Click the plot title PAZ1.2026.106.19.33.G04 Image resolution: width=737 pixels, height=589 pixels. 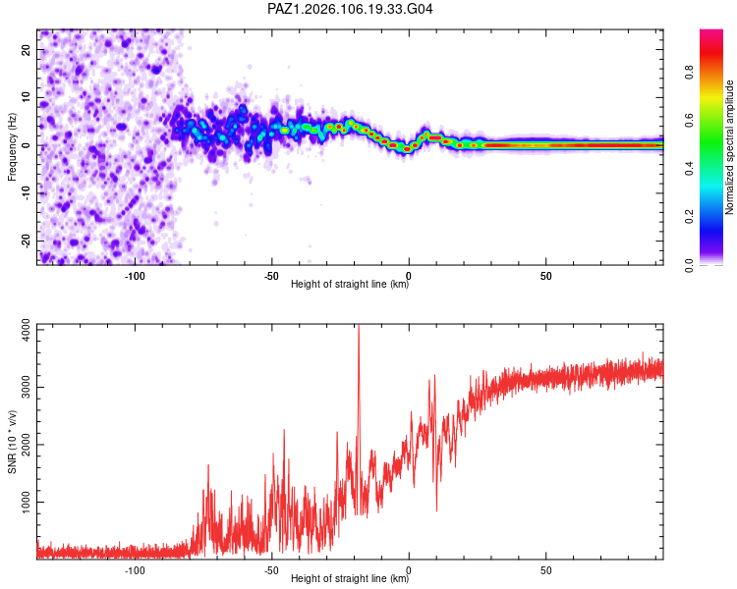350,9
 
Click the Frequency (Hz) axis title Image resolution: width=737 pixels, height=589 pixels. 12,147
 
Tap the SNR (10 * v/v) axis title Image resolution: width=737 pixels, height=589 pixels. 12,442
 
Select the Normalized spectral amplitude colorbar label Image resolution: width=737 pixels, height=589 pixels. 729,147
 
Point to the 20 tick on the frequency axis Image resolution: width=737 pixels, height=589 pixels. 26,49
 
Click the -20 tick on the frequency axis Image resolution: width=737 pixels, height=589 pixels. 26,241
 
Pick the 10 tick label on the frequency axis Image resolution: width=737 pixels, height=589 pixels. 26,97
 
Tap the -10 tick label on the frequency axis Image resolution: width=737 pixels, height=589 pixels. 26,193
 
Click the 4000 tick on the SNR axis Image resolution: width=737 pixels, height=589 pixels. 26,330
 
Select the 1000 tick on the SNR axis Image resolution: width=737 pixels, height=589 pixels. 26,502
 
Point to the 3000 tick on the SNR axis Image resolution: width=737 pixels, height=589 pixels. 26,387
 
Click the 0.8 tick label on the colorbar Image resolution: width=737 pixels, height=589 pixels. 689,73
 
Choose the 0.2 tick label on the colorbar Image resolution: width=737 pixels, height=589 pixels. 689,217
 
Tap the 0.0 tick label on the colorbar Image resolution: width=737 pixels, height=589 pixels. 689,265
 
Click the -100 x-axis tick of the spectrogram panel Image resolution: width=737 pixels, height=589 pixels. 135,276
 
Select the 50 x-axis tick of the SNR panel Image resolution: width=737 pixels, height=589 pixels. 545,570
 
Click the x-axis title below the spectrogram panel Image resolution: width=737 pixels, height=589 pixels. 350,284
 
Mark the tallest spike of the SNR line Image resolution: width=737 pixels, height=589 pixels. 359,325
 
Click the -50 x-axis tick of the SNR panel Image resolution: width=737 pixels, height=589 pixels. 271,570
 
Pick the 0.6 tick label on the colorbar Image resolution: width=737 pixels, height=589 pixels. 689,120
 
